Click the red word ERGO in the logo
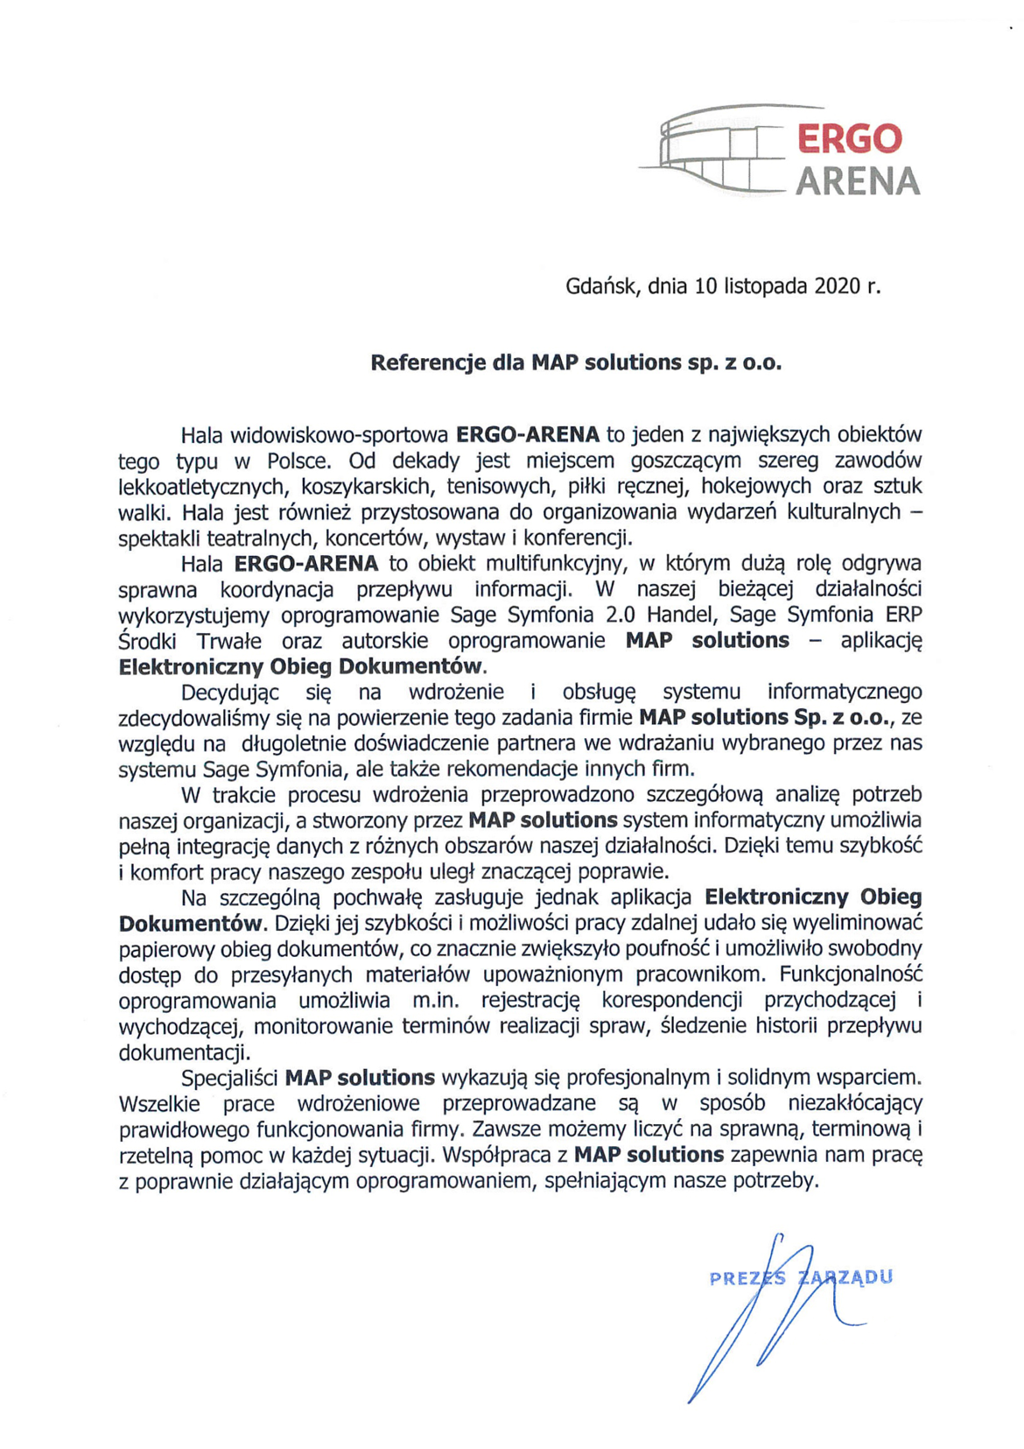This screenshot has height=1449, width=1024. [848, 138]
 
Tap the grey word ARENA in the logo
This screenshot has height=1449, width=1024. [857, 181]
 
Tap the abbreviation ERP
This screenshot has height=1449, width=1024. [902, 614]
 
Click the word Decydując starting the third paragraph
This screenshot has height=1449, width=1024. [230, 692]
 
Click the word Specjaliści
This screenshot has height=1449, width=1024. [229, 1076]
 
